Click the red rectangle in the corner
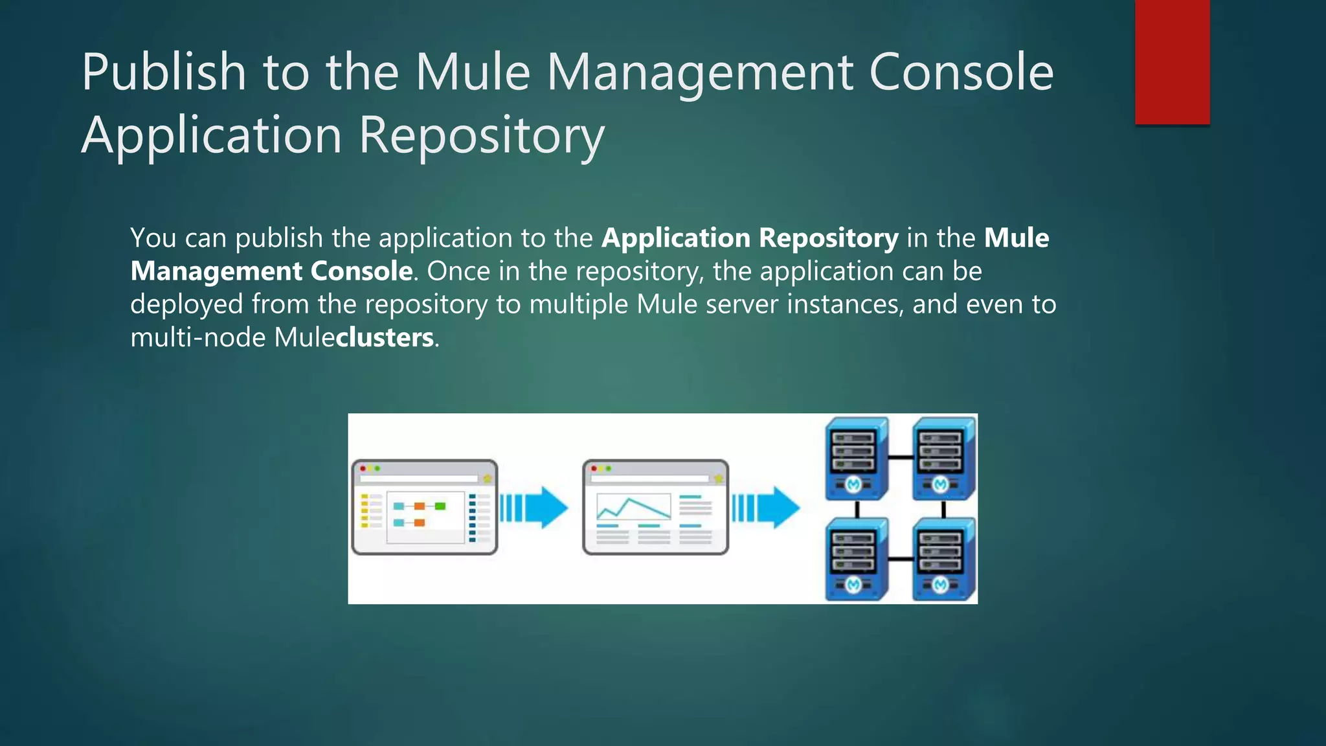pos(1172,62)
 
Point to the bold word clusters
pos(385,338)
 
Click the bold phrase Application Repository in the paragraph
pos(750,238)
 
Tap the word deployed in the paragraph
pos(186,304)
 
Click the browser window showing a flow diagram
pos(425,507)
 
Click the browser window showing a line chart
pos(655,507)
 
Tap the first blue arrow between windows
pos(534,507)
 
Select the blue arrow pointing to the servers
pos(765,507)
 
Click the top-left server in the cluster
pos(855,458)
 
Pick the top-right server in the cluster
pos(943,458)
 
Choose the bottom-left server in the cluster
pos(855,559)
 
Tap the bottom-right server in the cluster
pos(943,559)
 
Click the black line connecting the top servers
pos(900,457)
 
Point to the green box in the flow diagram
pos(440,506)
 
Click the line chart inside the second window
pos(633,507)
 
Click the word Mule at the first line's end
pos(1017,238)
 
